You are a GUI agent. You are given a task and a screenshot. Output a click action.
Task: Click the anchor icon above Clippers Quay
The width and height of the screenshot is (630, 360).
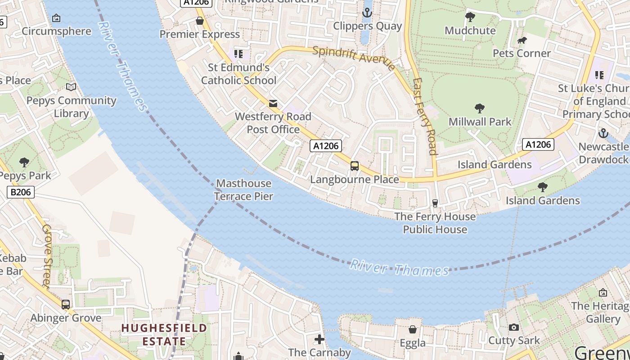[367, 13]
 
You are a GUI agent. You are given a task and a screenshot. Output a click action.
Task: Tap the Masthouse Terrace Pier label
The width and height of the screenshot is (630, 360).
[243, 190]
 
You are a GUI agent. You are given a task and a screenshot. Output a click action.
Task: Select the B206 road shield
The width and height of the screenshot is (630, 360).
[21, 192]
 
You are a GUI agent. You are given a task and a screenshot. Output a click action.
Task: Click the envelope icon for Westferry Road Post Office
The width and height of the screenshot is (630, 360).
[273, 103]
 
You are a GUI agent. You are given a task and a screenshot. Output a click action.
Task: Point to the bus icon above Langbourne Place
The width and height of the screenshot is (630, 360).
[355, 166]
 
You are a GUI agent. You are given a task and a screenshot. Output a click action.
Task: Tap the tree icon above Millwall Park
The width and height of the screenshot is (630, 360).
[480, 108]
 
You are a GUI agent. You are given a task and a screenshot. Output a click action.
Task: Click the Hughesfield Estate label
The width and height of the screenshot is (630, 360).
[164, 335]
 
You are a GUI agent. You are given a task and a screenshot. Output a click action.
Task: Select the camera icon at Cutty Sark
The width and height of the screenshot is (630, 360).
[514, 328]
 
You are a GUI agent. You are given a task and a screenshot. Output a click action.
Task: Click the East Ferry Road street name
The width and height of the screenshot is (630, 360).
[425, 117]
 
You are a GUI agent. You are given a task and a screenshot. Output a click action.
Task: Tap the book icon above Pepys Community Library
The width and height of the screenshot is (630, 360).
[71, 87]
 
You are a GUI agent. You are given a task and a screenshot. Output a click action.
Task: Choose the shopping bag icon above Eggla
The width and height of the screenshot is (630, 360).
[412, 330]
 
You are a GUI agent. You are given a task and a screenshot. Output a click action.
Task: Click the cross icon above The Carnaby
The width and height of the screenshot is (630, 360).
[319, 339]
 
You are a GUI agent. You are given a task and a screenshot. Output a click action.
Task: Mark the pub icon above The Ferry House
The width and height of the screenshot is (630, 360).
[435, 203]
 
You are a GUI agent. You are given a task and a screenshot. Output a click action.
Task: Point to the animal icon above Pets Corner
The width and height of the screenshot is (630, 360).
[522, 40]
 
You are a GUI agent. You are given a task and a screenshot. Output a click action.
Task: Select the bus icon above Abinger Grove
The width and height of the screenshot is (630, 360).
[66, 305]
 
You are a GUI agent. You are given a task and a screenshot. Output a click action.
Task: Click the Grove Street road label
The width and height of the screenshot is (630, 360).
[47, 255]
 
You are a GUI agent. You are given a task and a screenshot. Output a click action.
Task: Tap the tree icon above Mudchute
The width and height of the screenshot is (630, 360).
[470, 18]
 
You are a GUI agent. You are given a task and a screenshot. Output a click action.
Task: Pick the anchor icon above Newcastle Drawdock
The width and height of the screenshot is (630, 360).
[603, 133]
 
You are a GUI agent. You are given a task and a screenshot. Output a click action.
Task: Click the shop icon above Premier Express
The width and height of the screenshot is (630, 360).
[200, 21]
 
